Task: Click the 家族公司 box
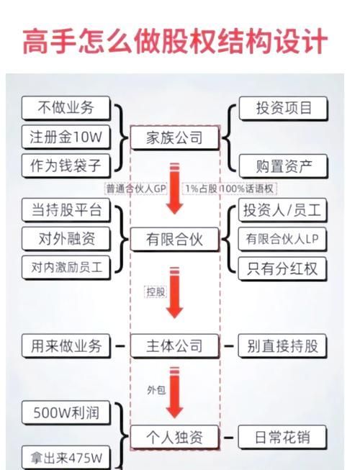174,137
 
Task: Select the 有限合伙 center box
174,240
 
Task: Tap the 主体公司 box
174,346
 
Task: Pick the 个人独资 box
174,437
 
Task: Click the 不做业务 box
67,109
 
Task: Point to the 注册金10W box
67,137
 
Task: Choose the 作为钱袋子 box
67,166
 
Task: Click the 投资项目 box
284,109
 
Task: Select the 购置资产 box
284,166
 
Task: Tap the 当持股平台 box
67,211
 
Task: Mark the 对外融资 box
67,238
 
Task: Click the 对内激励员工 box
67,267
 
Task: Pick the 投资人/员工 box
284,211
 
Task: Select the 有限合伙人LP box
284,238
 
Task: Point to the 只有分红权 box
284,268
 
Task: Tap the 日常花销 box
282,437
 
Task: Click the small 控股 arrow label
155,292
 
